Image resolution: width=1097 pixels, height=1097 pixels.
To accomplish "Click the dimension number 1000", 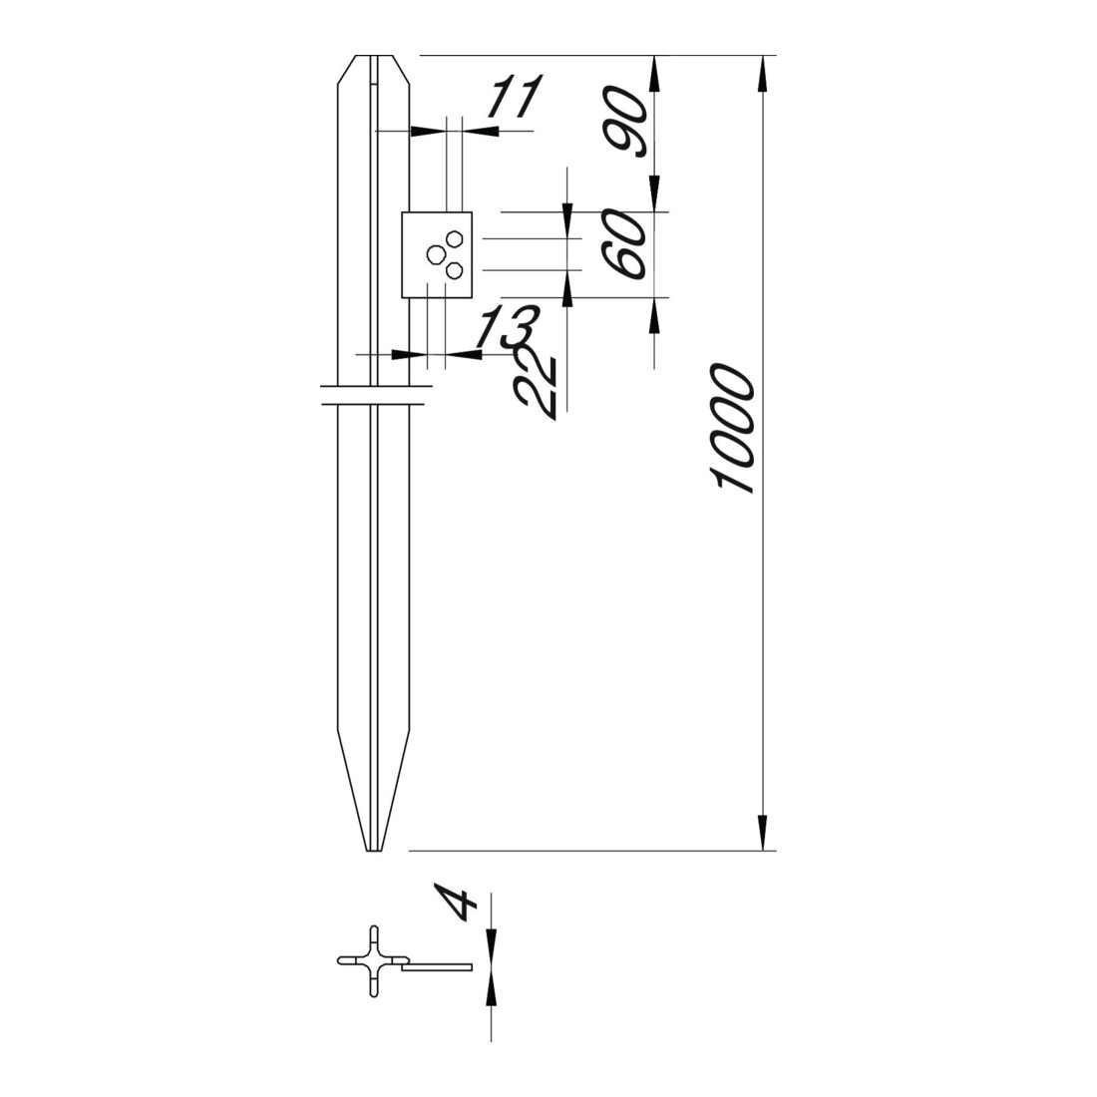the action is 731,428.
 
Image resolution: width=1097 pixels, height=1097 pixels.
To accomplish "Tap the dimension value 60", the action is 625,244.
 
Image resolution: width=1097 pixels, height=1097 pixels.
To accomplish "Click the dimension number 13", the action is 507,326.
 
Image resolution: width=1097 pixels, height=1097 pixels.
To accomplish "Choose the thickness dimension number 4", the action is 456,902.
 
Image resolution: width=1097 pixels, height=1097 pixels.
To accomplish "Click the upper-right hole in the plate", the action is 456,238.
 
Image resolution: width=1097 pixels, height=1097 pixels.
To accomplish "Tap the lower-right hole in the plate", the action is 454,270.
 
